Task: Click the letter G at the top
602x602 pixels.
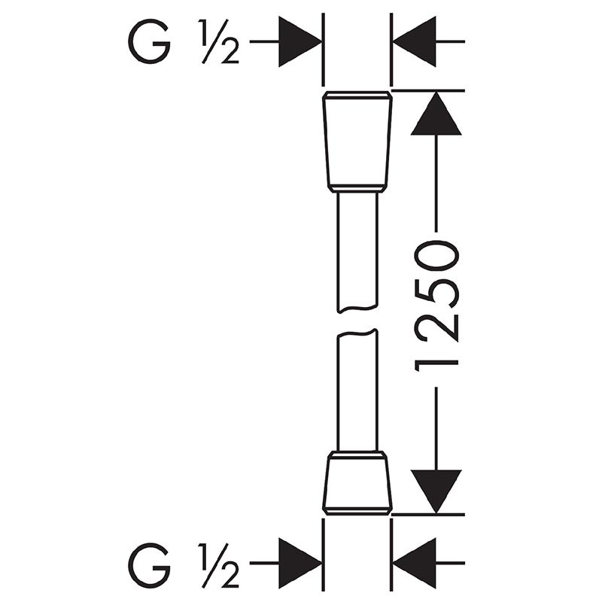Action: (x=149, y=41)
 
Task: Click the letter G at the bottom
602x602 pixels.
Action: (x=149, y=565)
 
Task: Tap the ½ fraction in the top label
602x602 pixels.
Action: (x=219, y=41)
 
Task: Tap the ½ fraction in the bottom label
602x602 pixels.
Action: (x=219, y=565)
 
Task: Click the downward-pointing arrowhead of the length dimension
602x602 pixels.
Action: (x=436, y=491)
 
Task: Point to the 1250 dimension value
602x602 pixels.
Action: (x=436, y=306)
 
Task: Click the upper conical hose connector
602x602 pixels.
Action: (x=357, y=141)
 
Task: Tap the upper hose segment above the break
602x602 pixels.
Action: (x=357, y=252)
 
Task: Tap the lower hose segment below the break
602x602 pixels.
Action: (x=357, y=390)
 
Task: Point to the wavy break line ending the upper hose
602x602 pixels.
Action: (x=357, y=309)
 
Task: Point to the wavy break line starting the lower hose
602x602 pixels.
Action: (x=357, y=333)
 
